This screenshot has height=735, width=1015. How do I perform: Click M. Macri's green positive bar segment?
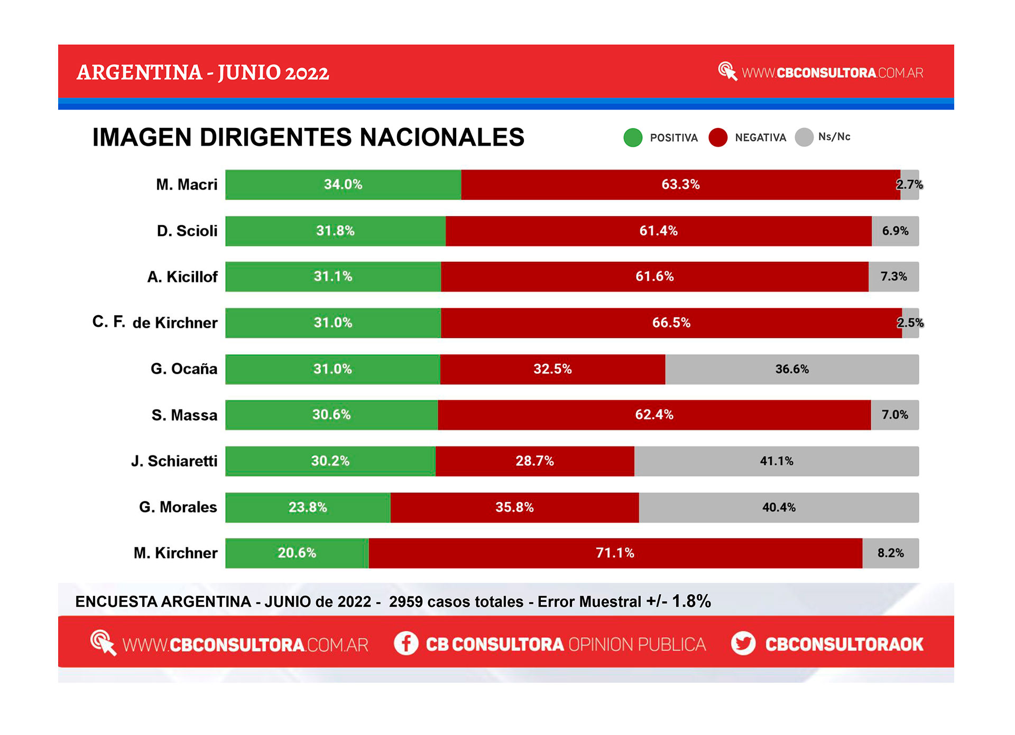[343, 185]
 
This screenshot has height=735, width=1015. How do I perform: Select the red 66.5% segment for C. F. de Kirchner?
[671, 323]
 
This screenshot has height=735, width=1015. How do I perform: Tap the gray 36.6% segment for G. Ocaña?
[792, 369]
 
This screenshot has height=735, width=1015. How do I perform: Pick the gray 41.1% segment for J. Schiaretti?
[777, 461]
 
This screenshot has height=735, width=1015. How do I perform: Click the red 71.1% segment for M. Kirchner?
[615, 553]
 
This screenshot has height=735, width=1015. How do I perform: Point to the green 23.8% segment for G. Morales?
[308, 508]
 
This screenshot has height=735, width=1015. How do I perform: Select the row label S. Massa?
[184, 415]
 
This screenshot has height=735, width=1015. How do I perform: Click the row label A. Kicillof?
[182, 277]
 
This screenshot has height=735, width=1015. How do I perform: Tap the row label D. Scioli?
[187, 231]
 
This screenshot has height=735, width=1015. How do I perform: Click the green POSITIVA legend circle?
[633, 137]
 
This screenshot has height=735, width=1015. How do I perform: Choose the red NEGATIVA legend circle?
[718, 137]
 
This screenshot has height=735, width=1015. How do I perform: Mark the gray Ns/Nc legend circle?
[804, 137]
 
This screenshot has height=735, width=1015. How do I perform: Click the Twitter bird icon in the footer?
[743, 644]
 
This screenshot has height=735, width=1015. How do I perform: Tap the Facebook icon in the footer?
[406, 644]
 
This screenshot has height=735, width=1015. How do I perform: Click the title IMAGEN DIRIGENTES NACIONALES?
[308, 137]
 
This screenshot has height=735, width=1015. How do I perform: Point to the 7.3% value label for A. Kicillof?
[893, 277]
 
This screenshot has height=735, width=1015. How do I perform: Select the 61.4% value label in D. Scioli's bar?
[658, 231]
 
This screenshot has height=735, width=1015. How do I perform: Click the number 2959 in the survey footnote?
[405, 602]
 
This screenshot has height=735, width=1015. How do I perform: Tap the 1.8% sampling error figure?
[691, 601]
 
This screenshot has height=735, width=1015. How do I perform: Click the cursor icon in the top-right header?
[727, 71]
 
